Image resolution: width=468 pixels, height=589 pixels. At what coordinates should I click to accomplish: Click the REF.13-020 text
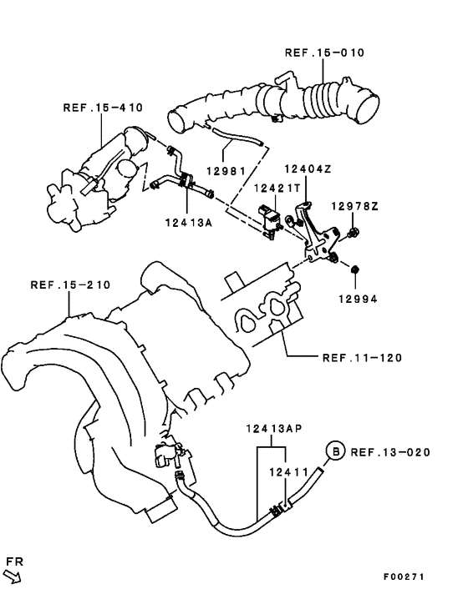tap(390, 453)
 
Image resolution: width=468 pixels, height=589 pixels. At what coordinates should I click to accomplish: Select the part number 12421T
tap(277, 189)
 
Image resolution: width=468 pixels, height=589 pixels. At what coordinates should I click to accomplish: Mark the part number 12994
tap(356, 297)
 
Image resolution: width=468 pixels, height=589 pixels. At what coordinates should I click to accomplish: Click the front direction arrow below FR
tap(13, 576)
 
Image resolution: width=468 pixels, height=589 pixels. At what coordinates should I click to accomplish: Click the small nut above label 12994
tap(354, 269)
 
